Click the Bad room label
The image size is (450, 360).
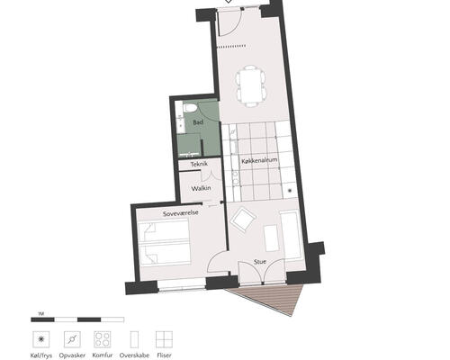198,122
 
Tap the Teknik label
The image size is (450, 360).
199,164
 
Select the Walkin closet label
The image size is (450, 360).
201,188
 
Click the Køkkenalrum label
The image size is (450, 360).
259,161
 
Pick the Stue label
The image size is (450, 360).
260,262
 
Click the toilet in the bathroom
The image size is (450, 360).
190,108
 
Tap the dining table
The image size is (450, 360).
250,86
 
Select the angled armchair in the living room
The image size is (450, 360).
243,220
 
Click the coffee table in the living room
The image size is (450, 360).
272,238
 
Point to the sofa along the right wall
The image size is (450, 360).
290,235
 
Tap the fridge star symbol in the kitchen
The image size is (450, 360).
290,191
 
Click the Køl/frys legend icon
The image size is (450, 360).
41,339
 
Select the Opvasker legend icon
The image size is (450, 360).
72,339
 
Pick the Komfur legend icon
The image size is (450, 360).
103,339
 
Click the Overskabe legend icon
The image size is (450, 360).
134,339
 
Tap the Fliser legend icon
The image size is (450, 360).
164,339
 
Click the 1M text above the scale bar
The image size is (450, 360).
41,314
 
